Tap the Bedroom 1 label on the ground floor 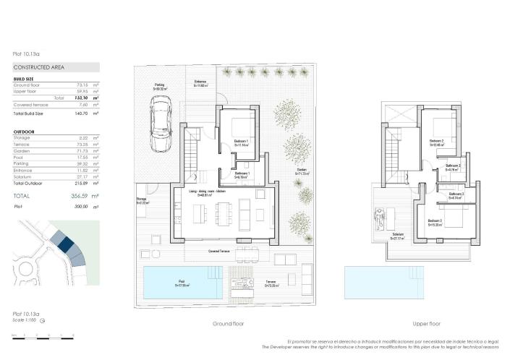pyautogui.click(x=241, y=141)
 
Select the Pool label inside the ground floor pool pyautogui.click(x=181, y=282)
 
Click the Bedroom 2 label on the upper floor pyautogui.click(x=435, y=140)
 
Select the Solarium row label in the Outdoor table pyautogui.click(x=24, y=176)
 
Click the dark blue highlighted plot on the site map pyautogui.click(x=67, y=245)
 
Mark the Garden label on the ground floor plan pyautogui.click(x=302, y=171)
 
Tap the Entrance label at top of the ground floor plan pyautogui.click(x=200, y=82)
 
